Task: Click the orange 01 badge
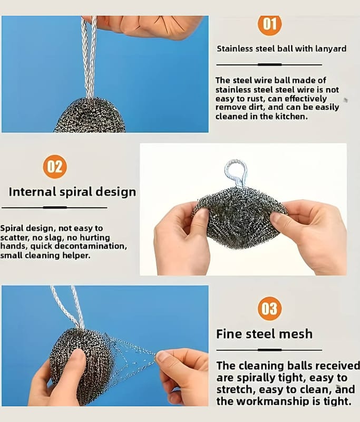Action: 270,24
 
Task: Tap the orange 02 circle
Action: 55,167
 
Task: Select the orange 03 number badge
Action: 270,309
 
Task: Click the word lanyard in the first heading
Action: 330,49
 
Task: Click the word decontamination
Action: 91,246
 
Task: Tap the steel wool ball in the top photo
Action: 90,116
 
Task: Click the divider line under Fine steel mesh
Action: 269,350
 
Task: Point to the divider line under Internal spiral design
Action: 54,207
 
